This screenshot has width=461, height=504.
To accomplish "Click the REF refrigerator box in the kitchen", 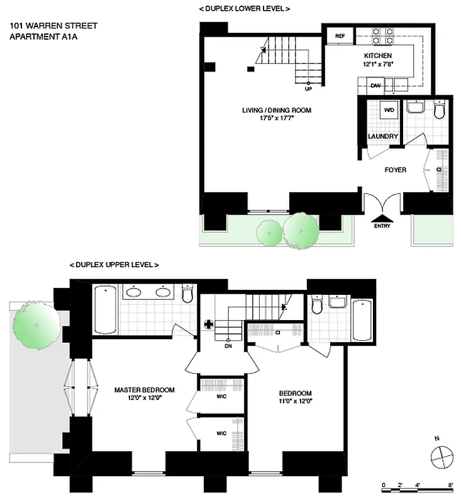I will point(340,37).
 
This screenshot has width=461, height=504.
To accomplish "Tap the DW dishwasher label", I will point(375,85).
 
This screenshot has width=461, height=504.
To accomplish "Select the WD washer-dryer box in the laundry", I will point(389,111).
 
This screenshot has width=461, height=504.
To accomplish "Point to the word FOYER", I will point(396,169).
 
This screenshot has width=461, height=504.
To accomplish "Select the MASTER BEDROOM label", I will point(144,389).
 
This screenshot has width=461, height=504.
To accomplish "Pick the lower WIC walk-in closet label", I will point(221,433).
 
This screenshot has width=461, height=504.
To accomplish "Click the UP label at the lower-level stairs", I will point(308,89).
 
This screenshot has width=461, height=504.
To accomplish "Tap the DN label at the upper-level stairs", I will point(228,345).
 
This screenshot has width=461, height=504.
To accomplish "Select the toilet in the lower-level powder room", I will point(439,110).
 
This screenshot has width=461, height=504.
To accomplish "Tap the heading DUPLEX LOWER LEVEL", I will point(244,9).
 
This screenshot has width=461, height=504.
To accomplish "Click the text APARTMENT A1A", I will point(39,37).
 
